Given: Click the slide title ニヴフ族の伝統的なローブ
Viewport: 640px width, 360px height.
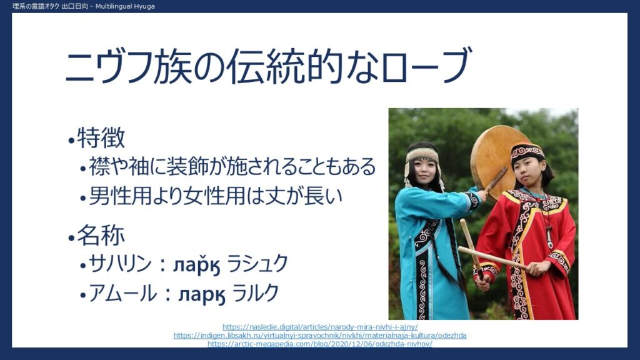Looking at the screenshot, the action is (x=268, y=66).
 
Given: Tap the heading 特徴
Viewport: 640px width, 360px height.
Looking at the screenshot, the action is (x=101, y=137).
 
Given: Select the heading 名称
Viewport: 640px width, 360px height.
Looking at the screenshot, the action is (x=101, y=235).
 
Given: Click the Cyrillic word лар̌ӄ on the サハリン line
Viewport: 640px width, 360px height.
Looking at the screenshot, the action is (x=197, y=265).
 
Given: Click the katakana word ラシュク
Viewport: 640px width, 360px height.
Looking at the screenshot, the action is (x=257, y=263).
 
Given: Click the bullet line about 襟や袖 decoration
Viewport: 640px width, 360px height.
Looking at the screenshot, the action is (x=232, y=166).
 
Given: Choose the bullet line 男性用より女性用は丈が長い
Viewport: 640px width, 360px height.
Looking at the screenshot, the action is (x=215, y=196).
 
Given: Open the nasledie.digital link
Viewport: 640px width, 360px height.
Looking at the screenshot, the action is (x=320, y=327).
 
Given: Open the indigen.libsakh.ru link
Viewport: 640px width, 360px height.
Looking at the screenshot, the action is (x=320, y=336).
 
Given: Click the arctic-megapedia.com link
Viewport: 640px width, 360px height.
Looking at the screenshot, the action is (x=320, y=344).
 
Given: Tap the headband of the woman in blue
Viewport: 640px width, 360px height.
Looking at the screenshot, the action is (x=422, y=156).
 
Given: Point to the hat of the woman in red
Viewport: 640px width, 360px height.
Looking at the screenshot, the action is (x=527, y=153).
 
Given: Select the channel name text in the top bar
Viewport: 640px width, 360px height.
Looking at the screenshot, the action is (x=84, y=6).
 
